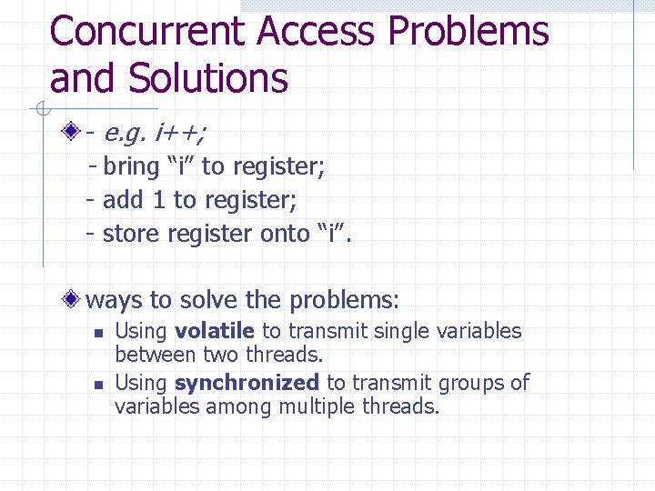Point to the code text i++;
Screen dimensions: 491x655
point(181,134)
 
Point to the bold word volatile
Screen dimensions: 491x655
point(214,331)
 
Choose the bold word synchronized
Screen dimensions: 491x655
point(246,383)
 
